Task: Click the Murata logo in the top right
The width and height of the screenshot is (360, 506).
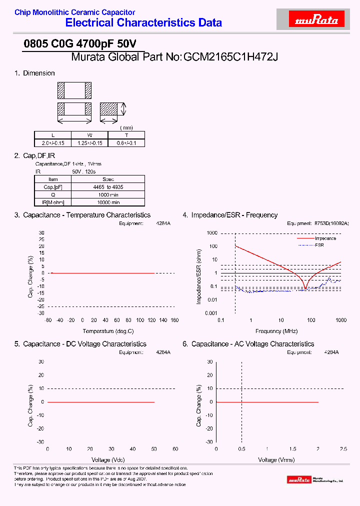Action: click(x=317, y=20)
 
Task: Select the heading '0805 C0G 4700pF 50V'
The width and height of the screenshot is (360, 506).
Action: click(x=73, y=44)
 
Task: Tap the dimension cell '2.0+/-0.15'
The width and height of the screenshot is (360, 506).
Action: click(x=52, y=143)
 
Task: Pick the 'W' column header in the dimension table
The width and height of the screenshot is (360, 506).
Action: click(x=90, y=135)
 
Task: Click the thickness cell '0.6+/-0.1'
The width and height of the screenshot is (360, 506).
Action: click(x=126, y=143)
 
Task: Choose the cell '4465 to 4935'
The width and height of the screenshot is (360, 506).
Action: click(x=108, y=186)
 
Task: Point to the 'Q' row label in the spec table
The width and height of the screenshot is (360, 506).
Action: click(x=53, y=194)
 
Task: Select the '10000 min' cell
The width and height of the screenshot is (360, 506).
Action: click(x=108, y=202)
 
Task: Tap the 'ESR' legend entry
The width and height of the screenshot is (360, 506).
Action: click(x=319, y=245)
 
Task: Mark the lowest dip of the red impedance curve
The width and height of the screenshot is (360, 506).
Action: click(x=305, y=288)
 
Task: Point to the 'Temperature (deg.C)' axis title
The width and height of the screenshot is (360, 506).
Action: click(x=108, y=331)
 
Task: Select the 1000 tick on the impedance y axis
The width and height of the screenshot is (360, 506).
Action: click(x=212, y=233)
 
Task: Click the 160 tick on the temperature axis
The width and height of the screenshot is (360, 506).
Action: click(x=174, y=320)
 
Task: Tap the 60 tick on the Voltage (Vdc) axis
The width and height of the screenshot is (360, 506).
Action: click(x=175, y=449)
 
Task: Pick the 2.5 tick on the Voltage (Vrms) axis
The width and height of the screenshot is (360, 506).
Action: click(x=343, y=449)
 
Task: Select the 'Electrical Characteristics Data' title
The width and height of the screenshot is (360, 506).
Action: click(x=143, y=22)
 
